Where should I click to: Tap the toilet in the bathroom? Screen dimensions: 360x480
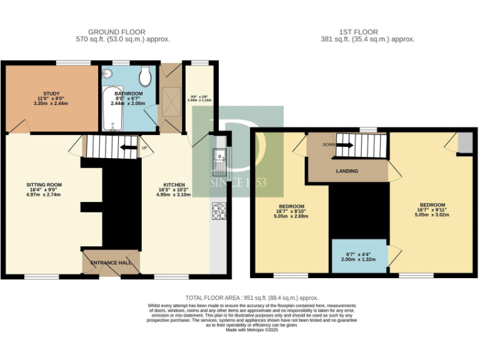146,77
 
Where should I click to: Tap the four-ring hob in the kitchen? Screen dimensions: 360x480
219,212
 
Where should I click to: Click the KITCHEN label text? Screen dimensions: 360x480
174,185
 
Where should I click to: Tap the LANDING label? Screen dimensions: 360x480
347,171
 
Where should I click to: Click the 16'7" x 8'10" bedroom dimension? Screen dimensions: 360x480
292,212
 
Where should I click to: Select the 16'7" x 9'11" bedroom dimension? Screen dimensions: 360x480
432,210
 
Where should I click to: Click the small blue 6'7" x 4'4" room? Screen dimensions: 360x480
359,257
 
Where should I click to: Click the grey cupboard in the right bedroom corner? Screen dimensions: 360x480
464,143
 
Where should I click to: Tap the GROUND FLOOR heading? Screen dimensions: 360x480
117,32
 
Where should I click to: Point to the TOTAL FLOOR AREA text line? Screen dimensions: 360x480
252,297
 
